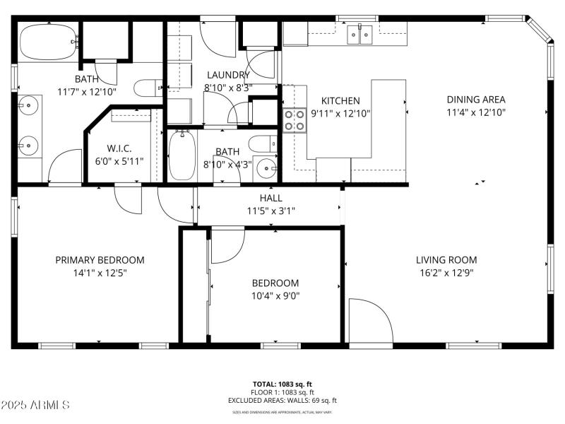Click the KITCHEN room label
click(340, 101)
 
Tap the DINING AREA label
click(475, 100)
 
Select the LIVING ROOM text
click(446, 259)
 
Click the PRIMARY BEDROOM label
click(100, 260)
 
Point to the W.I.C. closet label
click(119, 148)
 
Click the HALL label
click(271, 199)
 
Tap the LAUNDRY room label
click(227, 75)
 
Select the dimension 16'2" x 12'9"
click(446, 272)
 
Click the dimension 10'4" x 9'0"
click(275, 296)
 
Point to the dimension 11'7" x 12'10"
click(86, 91)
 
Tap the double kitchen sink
click(359, 34)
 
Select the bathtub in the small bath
click(181, 155)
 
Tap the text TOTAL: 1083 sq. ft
click(282, 384)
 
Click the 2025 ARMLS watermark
click(35, 406)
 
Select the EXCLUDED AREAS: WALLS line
click(282, 400)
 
